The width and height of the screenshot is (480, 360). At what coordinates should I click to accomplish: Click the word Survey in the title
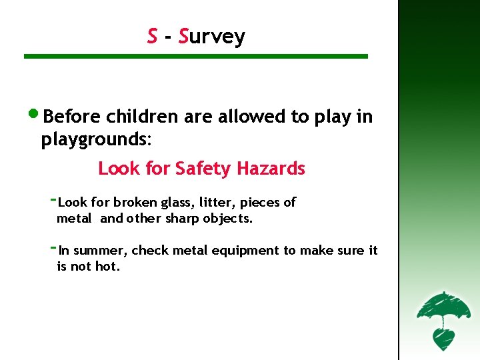211,37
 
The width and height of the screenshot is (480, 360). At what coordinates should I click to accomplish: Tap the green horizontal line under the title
195,57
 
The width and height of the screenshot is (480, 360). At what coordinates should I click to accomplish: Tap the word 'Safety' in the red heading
202,169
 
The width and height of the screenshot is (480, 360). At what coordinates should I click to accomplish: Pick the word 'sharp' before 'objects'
182,219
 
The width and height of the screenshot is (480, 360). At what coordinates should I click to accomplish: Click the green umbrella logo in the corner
438,319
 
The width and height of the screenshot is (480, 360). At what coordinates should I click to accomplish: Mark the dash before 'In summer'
54,247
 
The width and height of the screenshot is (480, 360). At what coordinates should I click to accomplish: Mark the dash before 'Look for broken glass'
54,199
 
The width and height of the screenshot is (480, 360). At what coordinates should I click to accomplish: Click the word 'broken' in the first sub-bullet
135,202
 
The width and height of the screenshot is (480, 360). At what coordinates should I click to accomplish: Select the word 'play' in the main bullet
333,117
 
